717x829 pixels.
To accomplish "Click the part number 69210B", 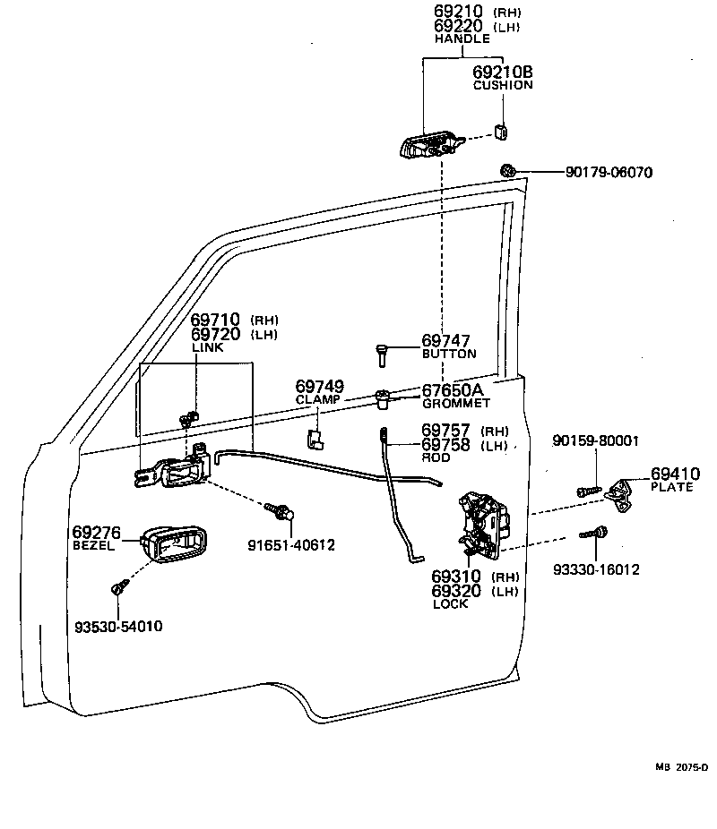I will click(502, 72).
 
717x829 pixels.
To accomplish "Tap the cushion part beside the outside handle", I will click(503, 132).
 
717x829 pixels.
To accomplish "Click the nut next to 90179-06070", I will click(508, 170).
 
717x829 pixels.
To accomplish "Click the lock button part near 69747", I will click(382, 355).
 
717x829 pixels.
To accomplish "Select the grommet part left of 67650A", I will click(382, 396).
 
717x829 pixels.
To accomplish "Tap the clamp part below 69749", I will click(315, 438).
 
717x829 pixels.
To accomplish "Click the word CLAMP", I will click(318, 399).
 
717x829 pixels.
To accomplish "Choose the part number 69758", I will click(446, 444).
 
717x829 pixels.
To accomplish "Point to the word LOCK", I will click(451, 605).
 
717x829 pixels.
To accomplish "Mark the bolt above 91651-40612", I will click(280, 511).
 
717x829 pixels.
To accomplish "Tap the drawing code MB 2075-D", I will click(681, 767).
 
